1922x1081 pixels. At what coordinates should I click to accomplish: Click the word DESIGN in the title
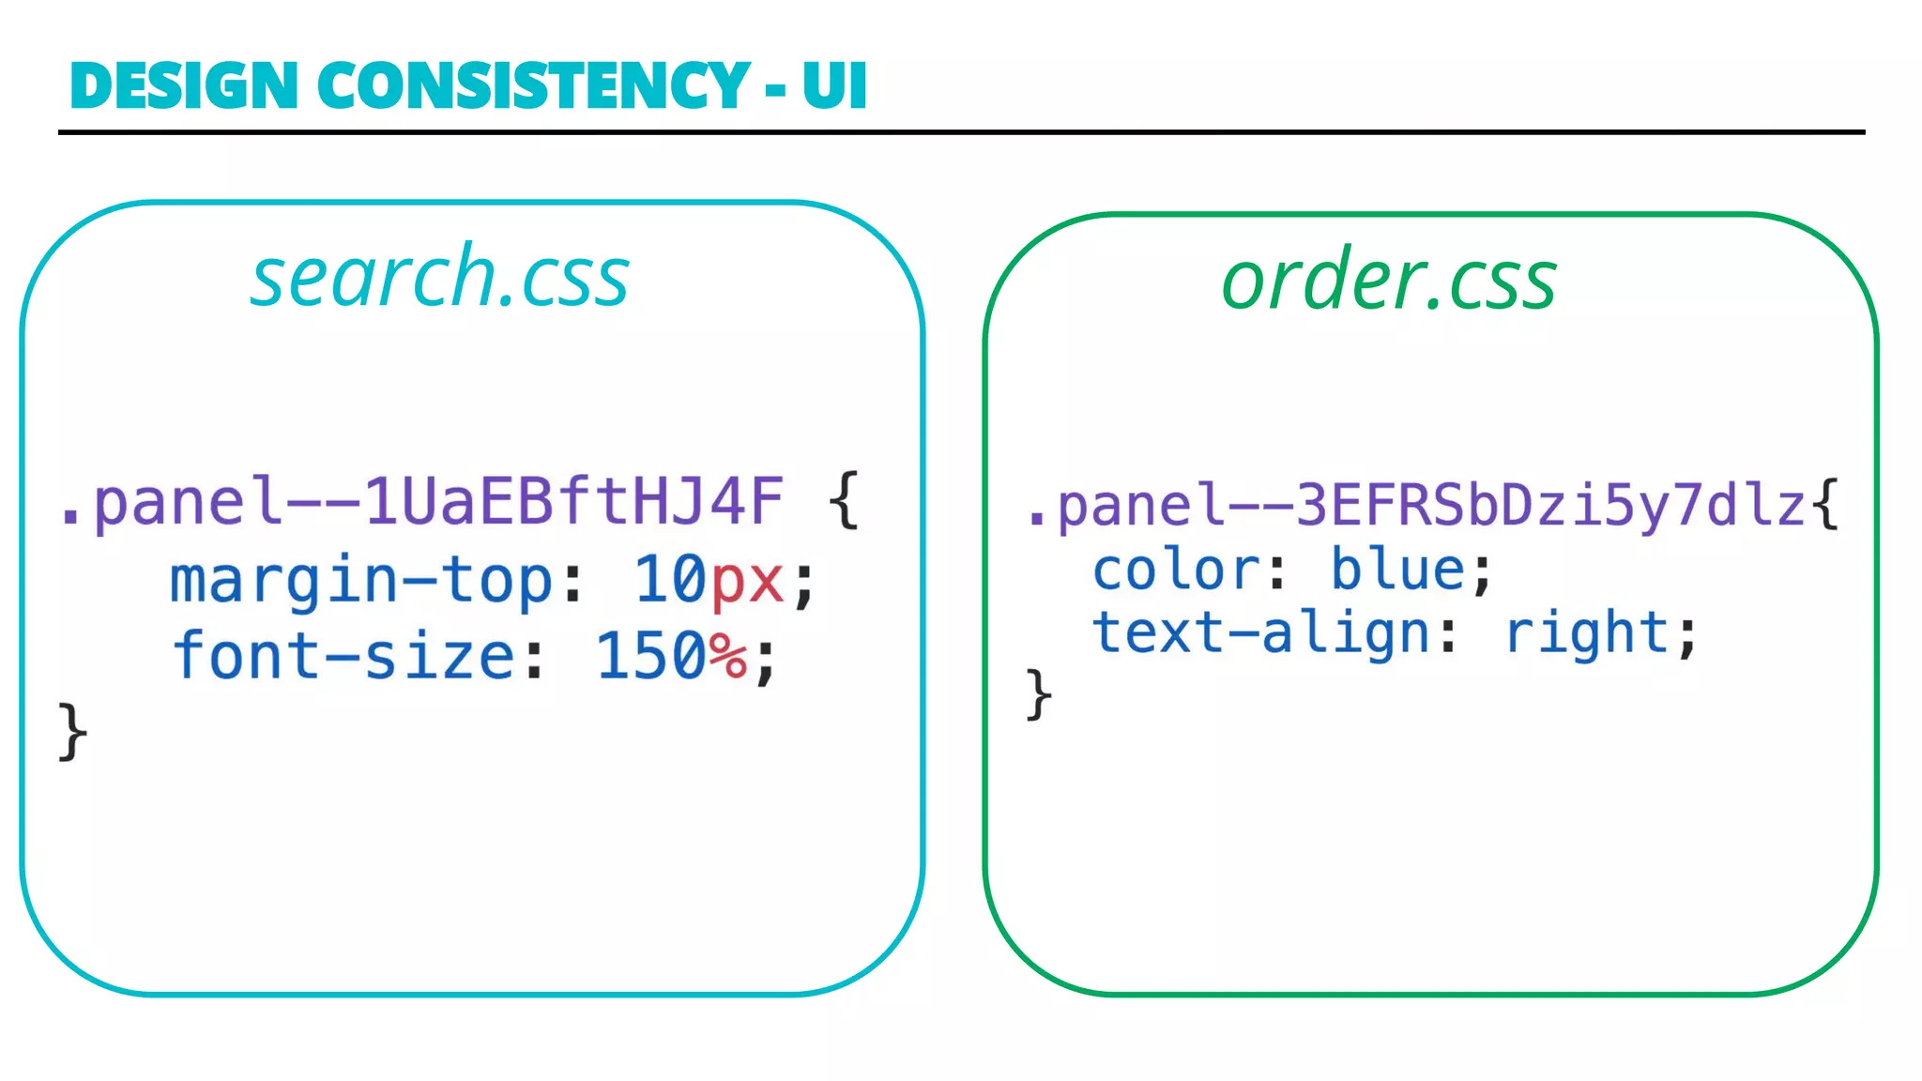click(x=184, y=85)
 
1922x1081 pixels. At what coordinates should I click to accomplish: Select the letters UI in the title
click(x=834, y=85)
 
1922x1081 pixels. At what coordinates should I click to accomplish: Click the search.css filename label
click(x=439, y=277)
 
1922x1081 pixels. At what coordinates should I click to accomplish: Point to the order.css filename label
click(x=1389, y=281)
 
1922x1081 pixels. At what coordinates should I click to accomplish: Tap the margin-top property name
click(x=362, y=580)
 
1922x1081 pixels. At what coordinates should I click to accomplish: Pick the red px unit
click(x=747, y=581)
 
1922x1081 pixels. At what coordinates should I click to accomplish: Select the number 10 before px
click(x=670, y=580)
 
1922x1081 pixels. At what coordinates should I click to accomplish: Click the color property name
click(x=1177, y=571)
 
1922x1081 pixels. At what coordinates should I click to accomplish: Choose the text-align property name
click(x=1260, y=632)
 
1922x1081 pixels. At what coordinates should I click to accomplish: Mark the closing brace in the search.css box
click(x=72, y=731)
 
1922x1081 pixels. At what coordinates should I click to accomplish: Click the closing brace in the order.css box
click(x=1038, y=694)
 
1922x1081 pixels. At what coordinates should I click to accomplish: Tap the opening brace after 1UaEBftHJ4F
click(x=844, y=501)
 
